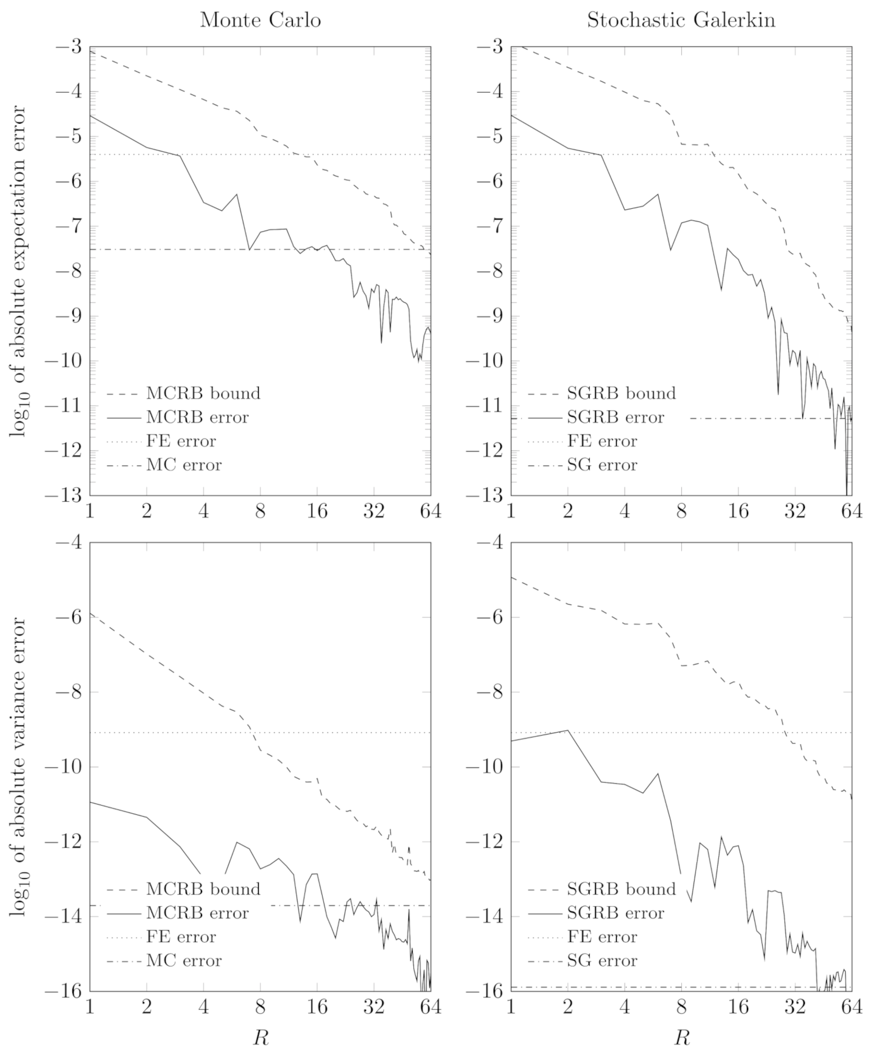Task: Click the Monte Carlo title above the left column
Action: click(261, 20)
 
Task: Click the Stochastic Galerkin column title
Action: click(681, 20)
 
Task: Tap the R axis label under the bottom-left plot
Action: click(261, 1037)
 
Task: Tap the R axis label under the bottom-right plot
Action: click(681, 1037)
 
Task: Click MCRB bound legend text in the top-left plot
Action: click(203, 393)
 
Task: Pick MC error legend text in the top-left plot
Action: click(184, 465)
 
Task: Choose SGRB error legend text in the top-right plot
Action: click(615, 417)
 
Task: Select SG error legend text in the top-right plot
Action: click(602, 465)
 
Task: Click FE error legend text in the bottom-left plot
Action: click(181, 937)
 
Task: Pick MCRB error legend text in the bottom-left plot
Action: click(197, 913)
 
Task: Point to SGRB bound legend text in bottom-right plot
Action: click(621, 889)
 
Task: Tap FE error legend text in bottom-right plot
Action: click(602, 937)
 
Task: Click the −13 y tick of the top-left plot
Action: click(68, 496)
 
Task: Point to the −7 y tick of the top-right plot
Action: click(489, 227)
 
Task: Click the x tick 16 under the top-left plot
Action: click(317, 512)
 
